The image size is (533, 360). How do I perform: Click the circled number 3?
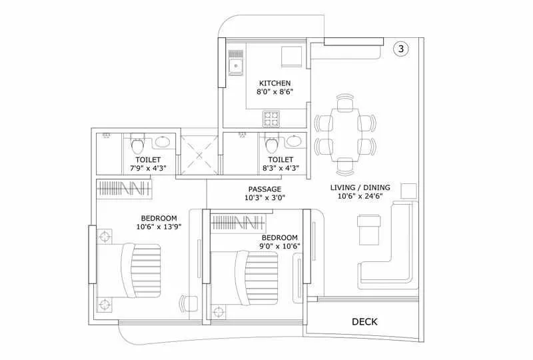click(x=400, y=49)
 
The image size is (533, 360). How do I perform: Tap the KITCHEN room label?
click(x=275, y=83)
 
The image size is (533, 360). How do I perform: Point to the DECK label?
click(x=364, y=322)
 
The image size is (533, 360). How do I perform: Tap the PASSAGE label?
click(x=265, y=189)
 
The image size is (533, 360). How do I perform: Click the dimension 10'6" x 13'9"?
click(x=159, y=227)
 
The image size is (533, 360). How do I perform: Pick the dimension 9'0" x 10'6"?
click(x=279, y=246)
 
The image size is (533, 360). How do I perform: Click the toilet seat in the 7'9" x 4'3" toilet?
click(x=137, y=144)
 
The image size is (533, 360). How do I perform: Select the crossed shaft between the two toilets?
click(x=198, y=155)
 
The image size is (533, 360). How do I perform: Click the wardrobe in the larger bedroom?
click(x=126, y=189)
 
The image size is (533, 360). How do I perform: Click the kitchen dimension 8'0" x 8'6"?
click(x=275, y=93)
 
